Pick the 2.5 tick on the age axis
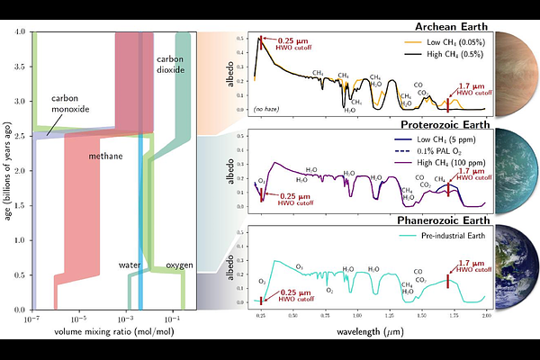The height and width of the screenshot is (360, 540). pyautogui.click(x=22, y=137)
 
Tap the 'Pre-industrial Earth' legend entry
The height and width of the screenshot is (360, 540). pyautogui.click(x=448, y=236)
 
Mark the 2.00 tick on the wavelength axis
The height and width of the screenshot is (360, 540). pyautogui.click(x=486, y=317)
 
